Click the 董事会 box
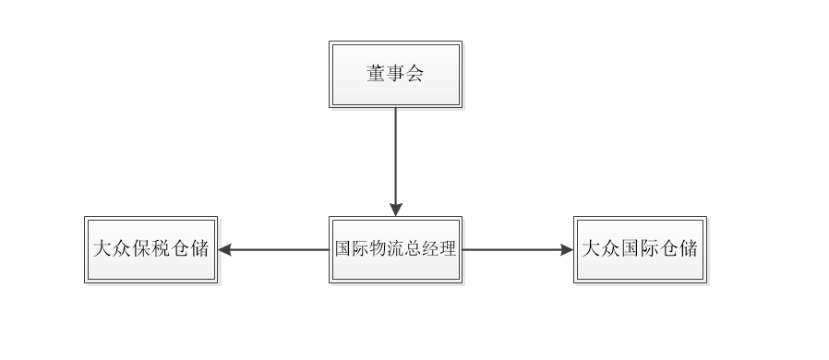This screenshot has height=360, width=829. [x=395, y=74]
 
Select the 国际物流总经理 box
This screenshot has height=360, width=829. [x=395, y=249]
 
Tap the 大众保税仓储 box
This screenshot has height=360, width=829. [x=151, y=249]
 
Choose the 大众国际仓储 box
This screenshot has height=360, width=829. [x=640, y=249]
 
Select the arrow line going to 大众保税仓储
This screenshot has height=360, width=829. [x=277, y=249]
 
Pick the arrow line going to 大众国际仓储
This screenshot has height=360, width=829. [x=512, y=249]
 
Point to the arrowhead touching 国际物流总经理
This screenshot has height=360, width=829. [x=395, y=209]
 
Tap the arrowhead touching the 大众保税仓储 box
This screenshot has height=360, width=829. [x=225, y=249]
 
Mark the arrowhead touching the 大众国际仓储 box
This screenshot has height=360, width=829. [x=566, y=249]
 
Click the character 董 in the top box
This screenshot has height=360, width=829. [x=377, y=75]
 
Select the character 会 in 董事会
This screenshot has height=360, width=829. [x=414, y=75]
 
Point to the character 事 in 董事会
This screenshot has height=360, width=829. [x=395, y=75]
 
